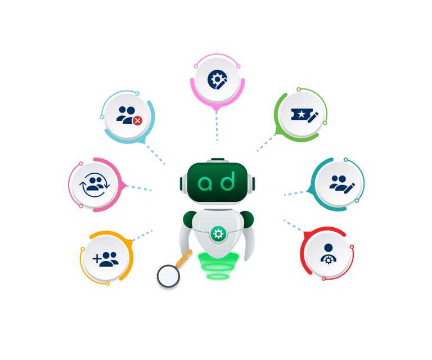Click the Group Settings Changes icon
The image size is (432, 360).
click(217, 79)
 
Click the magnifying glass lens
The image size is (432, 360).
click(168, 276)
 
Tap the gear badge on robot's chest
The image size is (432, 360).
click(217, 233)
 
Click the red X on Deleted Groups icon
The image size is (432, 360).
click(137, 120)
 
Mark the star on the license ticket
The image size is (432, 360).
click(301, 115)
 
